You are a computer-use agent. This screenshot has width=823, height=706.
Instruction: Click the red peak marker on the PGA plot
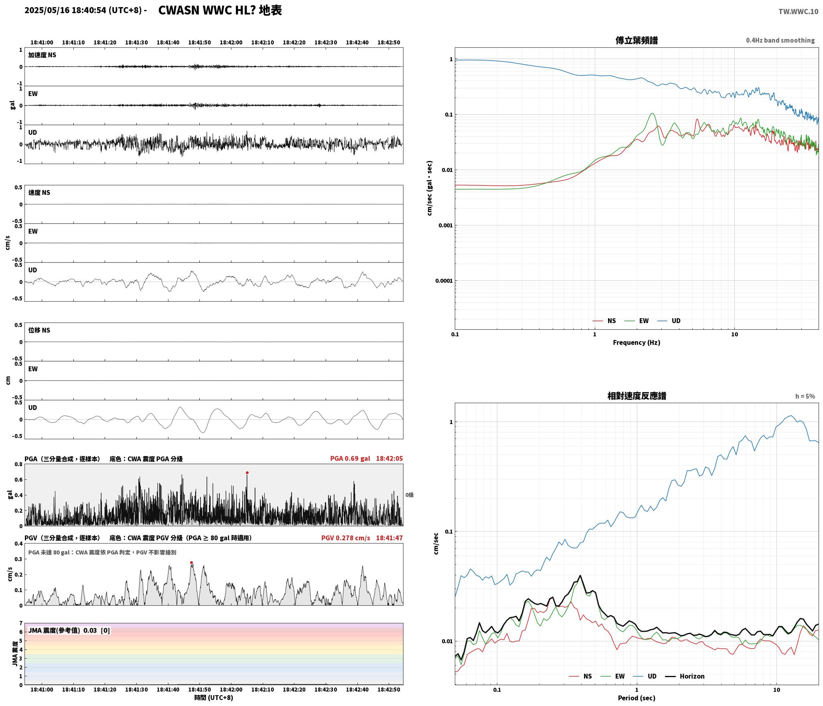247,473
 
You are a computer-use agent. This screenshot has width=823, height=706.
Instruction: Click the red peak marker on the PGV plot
191,562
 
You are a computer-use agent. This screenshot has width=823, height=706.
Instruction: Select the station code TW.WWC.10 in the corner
798,12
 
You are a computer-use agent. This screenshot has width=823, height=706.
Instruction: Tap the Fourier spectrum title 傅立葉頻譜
637,41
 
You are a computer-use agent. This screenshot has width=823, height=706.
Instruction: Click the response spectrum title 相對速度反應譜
637,396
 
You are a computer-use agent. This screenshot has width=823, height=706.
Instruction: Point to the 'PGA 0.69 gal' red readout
350,458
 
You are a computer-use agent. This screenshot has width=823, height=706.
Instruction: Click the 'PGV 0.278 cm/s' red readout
346,538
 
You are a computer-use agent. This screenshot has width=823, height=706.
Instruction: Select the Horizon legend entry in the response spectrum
692,676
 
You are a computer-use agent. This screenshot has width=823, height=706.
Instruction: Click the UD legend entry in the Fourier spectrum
676,321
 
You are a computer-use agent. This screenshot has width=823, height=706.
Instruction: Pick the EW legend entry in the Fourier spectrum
644,321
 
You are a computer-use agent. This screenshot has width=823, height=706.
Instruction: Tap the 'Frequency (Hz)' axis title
637,343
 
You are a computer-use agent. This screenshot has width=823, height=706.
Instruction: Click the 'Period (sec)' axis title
637,698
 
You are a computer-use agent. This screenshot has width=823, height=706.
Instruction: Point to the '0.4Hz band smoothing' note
780,41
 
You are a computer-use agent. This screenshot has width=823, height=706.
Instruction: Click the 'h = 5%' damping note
805,396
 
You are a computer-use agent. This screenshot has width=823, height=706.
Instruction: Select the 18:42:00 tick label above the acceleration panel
231,43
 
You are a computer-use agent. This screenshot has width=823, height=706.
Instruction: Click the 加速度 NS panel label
42,55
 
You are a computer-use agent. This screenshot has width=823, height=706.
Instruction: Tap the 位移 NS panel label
39,330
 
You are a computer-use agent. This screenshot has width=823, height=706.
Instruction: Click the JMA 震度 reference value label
69,631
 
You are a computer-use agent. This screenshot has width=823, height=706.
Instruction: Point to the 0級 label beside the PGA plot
409,495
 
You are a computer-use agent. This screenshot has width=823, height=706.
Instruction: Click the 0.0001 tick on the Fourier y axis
444,281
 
